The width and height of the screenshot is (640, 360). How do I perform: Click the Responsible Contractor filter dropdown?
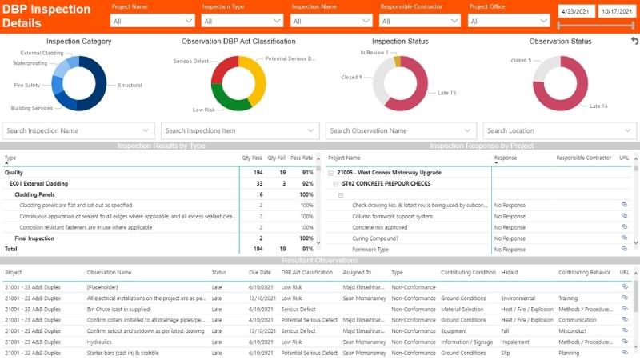point(421,21)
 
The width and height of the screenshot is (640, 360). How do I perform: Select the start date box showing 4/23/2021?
point(575,12)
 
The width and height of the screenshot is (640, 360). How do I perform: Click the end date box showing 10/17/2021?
point(616,12)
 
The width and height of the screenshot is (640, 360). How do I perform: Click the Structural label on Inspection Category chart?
point(130,85)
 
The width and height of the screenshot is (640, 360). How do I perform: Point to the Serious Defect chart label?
point(190,61)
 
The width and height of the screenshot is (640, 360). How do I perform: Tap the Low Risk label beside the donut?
point(204,110)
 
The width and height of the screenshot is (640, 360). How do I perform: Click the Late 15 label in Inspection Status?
point(446,93)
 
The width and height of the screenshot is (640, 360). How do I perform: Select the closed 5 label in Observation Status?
point(520,61)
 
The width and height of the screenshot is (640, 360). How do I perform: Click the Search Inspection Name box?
point(78,130)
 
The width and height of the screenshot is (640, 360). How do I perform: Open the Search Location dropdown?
point(559,130)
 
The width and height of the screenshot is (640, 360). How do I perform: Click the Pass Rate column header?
point(301,158)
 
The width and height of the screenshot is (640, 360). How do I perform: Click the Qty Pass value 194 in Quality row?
point(258,172)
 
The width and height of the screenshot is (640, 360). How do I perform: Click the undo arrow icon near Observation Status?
point(634,41)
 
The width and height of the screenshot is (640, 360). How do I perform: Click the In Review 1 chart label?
point(374,53)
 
